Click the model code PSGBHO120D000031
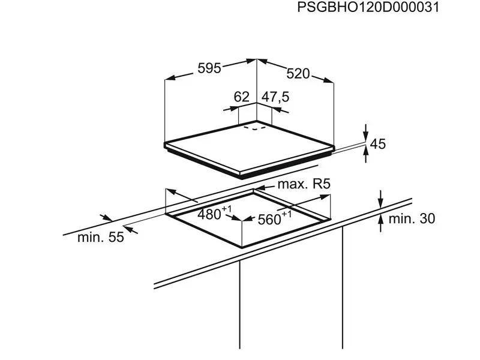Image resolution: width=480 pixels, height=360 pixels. pos(368,7)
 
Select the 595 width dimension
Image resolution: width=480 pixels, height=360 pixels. pos(209,68)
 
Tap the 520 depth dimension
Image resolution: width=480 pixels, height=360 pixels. pos(298,74)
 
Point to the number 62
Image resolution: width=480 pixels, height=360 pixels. pos(242,97)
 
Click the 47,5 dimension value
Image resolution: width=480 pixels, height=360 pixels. pos(275,97)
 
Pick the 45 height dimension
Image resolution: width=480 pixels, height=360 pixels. pos(378,144)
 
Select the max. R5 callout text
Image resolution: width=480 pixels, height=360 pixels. pos(304,184)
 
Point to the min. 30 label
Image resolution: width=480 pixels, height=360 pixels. pos(412,218)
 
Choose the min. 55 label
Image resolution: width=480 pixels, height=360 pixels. pos(101,237)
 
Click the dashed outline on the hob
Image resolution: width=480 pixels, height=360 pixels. pos(254,127)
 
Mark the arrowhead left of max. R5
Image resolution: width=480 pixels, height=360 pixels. pos(260,187)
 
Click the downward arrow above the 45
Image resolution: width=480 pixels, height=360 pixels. pos(366,133)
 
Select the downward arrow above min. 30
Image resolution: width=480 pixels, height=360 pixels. pos(380,199)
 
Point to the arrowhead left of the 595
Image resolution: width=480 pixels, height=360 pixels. pos(170,77)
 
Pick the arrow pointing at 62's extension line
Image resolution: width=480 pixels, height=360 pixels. pos(231,109)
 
